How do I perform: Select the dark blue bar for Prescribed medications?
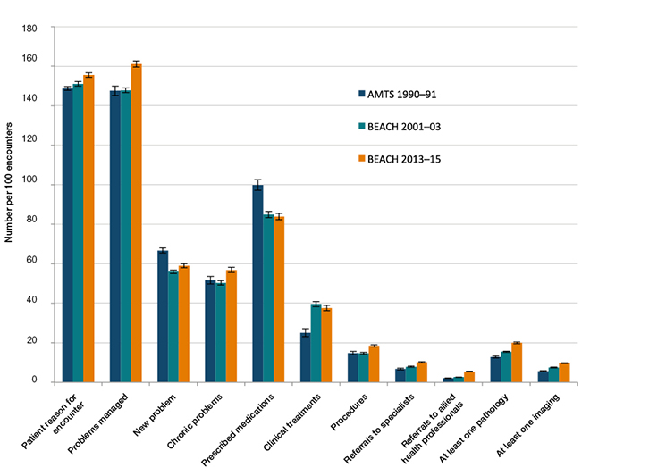coord(257,284)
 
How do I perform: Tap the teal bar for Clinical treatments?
coord(315,343)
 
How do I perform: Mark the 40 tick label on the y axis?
coord(32,304)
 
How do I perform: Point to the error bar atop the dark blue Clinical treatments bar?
coord(305,333)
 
